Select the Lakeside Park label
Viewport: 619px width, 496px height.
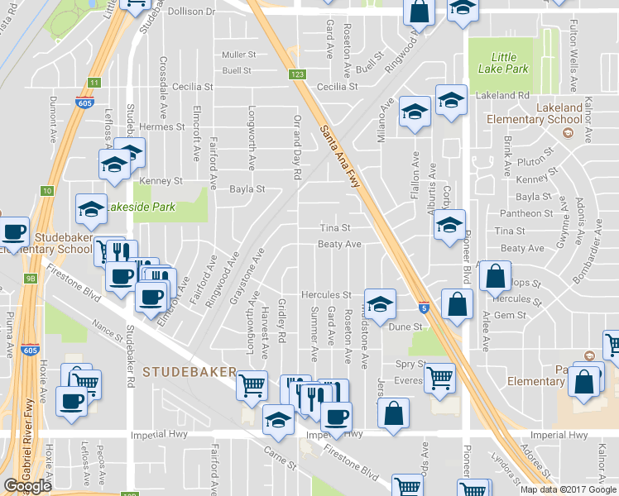(x=140, y=207)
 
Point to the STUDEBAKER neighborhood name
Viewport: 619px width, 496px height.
(x=190, y=372)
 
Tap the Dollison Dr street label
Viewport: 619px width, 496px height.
(x=190, y=12)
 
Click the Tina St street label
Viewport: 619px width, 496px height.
(x=335, y=228)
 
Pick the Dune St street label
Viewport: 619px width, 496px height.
(x=405, y=327)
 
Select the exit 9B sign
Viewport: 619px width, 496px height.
(x=31, y=278)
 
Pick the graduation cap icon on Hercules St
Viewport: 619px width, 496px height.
(x=380, y=305)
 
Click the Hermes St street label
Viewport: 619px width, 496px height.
(x=161, y=127)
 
